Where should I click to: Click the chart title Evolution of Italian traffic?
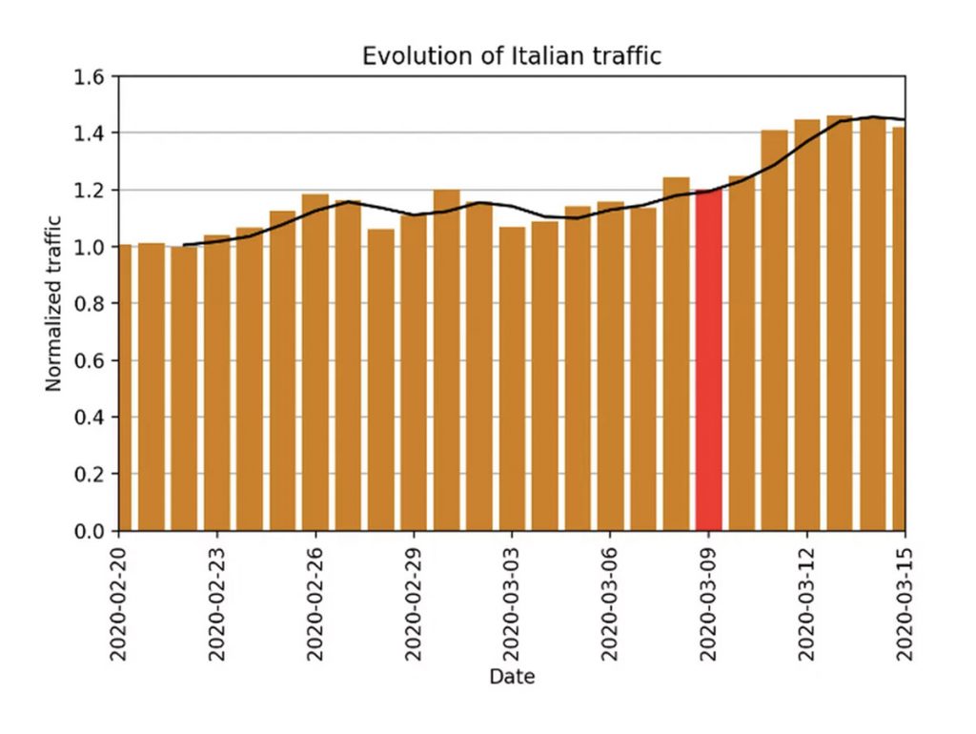(511, 56)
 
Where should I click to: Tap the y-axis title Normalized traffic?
(54, 303)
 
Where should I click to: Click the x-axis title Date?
(512, 678)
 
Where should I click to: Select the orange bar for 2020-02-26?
(315, 362)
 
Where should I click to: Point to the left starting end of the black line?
(184, 245)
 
